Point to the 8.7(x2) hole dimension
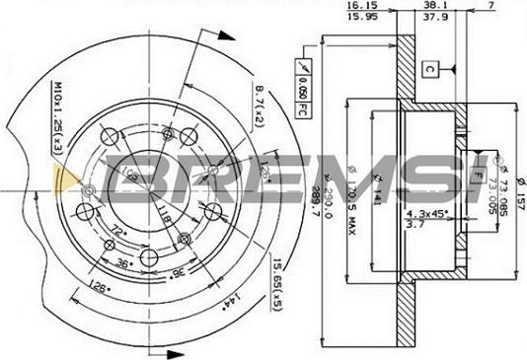(260, 107)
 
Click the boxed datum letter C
(431, 69)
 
